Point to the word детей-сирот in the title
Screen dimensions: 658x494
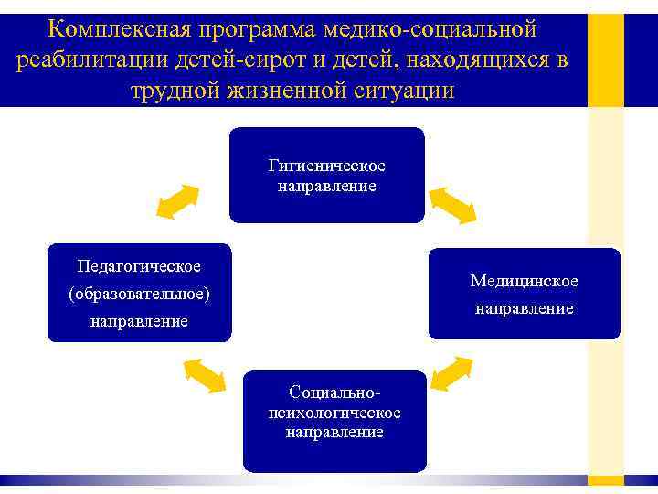point(216,60)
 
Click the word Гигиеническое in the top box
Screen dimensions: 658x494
point(326,166)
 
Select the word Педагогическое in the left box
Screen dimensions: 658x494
point(139,265)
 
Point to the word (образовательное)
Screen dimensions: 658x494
point(139,294)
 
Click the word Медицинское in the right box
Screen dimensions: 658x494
point(524,280)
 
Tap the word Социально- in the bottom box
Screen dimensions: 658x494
point(334,392)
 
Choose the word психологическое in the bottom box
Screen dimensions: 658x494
point(334,412)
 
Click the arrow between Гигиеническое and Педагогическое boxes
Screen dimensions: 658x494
point(177,201)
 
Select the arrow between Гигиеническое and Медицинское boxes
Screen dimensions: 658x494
point(453,204)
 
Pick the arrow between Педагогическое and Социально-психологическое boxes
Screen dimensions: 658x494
point(205,373)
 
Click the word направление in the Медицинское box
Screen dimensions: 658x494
point(524,308)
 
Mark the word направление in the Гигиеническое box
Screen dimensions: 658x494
point(326,186)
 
